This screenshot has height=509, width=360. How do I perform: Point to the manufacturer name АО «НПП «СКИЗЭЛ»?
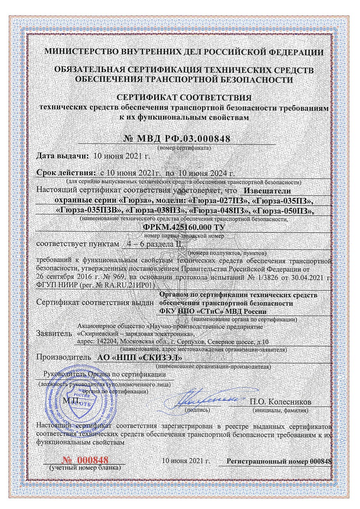(x=139, y=358)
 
